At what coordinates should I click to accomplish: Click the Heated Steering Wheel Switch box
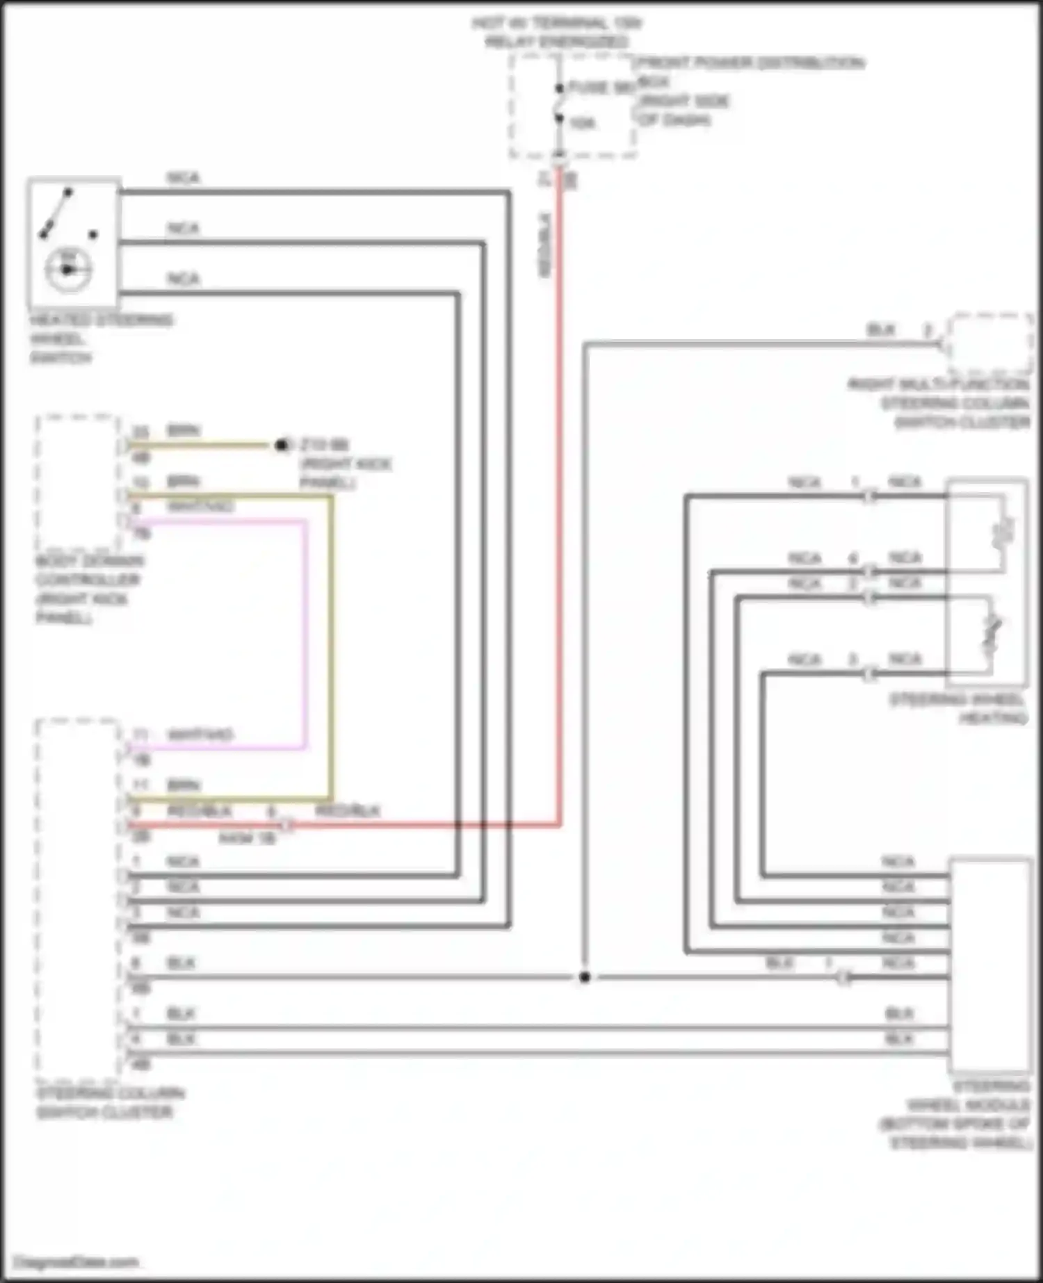pyautogui.click(x=74, y=242)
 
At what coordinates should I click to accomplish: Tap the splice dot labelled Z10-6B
pyautogui.click(x=282, y=445)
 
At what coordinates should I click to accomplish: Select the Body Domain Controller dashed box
pyautogui.click(x=77, y=482)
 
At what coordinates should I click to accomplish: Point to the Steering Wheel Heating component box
pyautogui.click(x=987, y=584)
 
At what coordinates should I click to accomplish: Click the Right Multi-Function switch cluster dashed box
pyautogui.click(x=990, y=344)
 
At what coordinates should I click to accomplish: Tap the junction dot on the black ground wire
pyautogui.click(x=585, y=977)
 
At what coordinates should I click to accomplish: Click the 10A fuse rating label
pyautogui.click(x=583, y=124)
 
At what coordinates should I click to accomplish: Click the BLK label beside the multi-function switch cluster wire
pyautogui.click(x=881, y=329)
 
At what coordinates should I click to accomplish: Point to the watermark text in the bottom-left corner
pyautogui.click(x=76, y=1261)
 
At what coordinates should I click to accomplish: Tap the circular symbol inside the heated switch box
pyautogui.click(x=67, y=269)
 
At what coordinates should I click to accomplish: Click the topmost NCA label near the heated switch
pyautogui.click(x=183, y=178)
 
